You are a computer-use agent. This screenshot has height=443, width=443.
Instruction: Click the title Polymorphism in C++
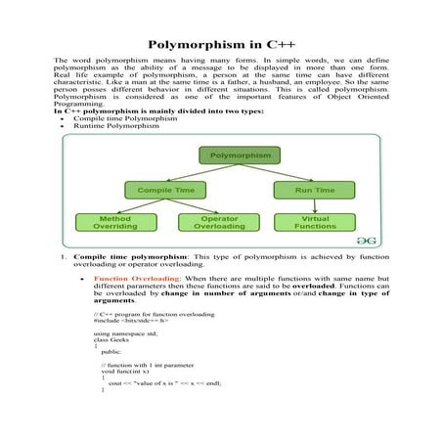(x=221, y=44)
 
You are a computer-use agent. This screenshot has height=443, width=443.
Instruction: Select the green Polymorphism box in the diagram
(x=240, y=155)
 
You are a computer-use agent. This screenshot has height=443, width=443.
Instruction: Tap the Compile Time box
(x=164, y=189)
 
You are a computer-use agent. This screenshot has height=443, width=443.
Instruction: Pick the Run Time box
(x=306, y=189)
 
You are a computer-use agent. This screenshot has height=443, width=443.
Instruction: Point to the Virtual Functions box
(x=307, y=222)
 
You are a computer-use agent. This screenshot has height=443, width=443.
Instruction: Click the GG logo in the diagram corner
(x=363, y=238)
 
